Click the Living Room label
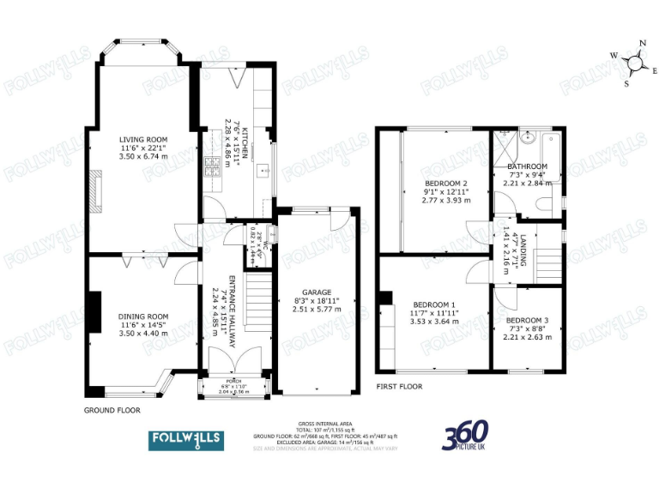143,139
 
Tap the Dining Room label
143,316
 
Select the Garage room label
317,292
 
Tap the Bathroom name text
527,166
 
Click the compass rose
636,61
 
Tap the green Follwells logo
186,439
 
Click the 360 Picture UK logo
465,437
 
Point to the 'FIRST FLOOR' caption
399,387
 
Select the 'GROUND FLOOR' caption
112,411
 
